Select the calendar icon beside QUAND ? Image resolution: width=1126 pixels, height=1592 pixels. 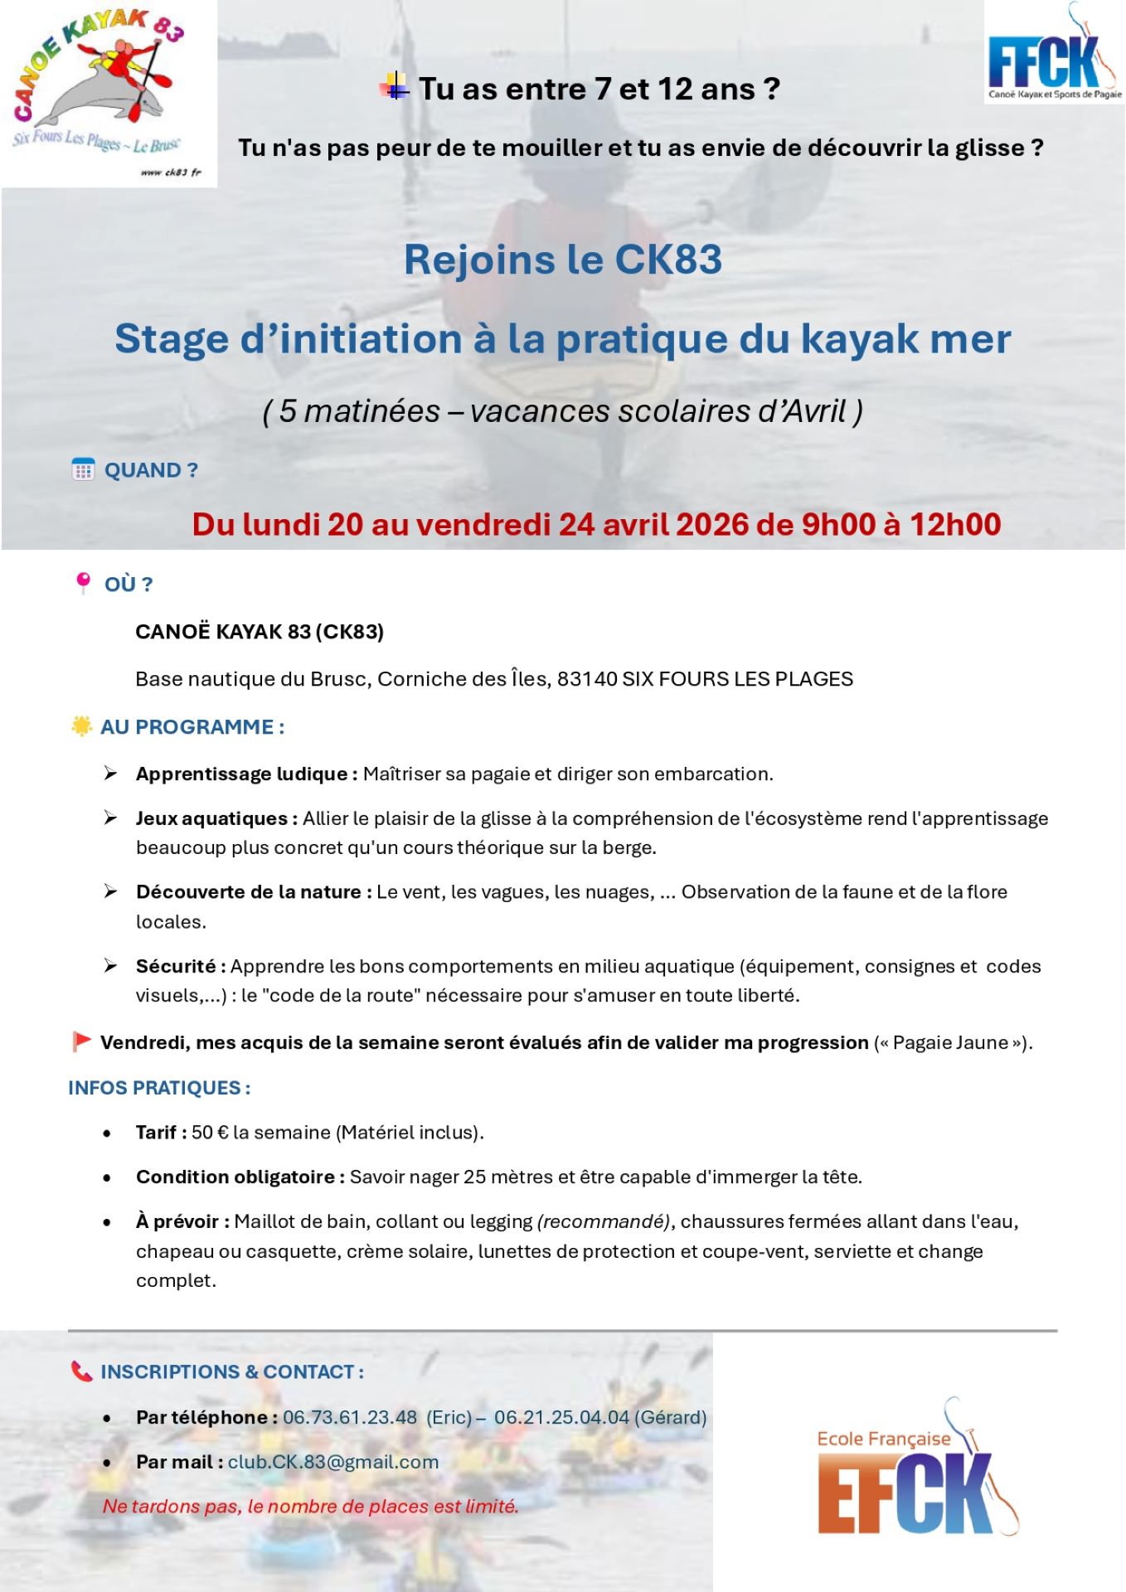[x=83, y=469]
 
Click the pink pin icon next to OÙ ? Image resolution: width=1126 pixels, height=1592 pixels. [x=83, y=583]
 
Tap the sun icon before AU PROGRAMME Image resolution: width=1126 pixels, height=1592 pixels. [x=81, y=726]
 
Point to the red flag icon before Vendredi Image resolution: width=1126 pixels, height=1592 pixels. [x=81, y=1041]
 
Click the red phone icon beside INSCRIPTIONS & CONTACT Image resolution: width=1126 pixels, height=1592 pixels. [x=81, y=1371]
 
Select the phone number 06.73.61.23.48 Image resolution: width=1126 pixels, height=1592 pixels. [x=350, y=1417]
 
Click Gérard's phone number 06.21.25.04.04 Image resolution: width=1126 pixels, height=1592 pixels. [x=561, y=1417]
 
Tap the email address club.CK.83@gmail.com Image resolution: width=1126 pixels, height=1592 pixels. [x=333, y=1462]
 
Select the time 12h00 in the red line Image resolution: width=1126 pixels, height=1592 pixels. [x=955, y=524]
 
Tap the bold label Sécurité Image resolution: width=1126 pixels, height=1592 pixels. [x=176, y=966]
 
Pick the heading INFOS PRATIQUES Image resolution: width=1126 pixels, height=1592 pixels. [x=158, y=1088]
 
